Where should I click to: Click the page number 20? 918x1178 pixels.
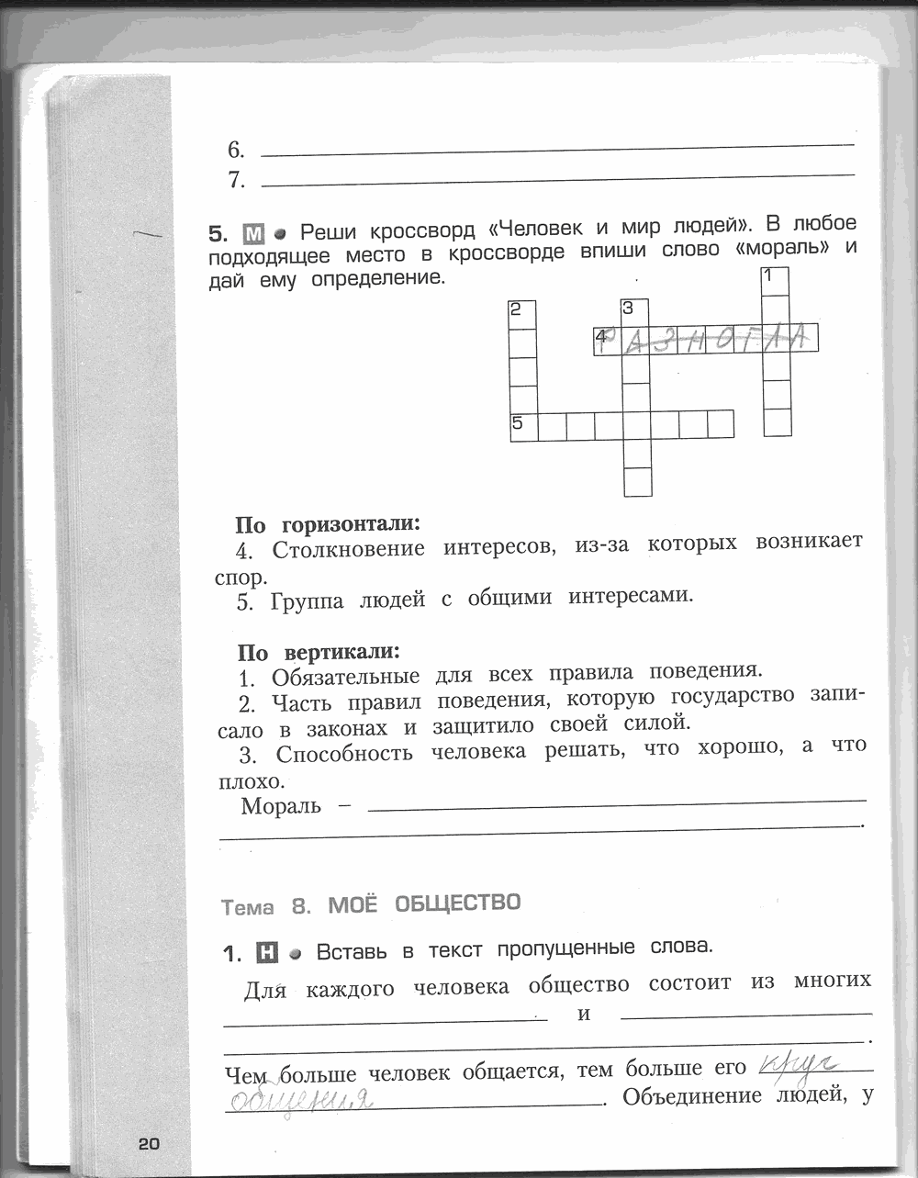pos(149,1143)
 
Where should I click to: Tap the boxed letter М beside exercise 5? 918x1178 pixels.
pos(254,232)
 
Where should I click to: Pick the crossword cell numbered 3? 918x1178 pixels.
pos(635,312)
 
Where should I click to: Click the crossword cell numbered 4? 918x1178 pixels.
pos(607,340)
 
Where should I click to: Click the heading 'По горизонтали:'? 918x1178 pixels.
pos(328,525)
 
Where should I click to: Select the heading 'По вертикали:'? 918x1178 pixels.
pos(319,653)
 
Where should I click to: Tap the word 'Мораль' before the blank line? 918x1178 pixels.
pos(281,807)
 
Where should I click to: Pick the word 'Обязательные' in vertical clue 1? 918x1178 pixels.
pos(346,677)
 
